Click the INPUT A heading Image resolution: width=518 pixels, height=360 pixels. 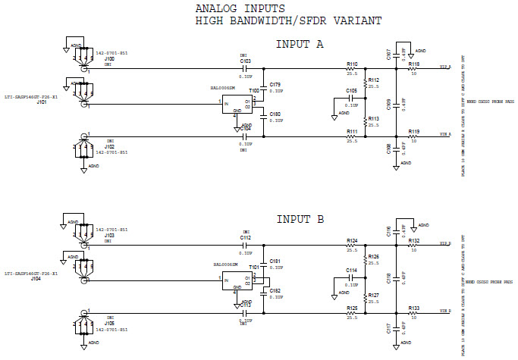pos(300,44)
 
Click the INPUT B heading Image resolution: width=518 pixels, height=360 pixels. pos(300,219)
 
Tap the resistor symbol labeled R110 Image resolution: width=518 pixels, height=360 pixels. pos(352,68)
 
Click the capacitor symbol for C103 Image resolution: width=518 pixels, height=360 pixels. pos(245,68)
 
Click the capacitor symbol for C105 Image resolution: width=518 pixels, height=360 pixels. pos(351,98)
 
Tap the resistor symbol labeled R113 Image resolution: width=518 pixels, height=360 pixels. pos(365,121)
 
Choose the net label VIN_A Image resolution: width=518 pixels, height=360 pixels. pos(445,134)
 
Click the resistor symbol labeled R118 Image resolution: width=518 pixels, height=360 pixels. pos(413,68)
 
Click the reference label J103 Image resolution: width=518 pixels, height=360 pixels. pos(109,236)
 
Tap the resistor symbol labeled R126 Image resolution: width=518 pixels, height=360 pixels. pos(365,260)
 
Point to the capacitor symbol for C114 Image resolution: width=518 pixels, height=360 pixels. pos(351,277)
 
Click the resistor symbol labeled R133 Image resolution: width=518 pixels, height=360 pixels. pos(413,313)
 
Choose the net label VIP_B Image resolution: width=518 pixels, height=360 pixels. pos(445,244)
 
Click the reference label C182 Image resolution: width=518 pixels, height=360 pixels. pos(275,291)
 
